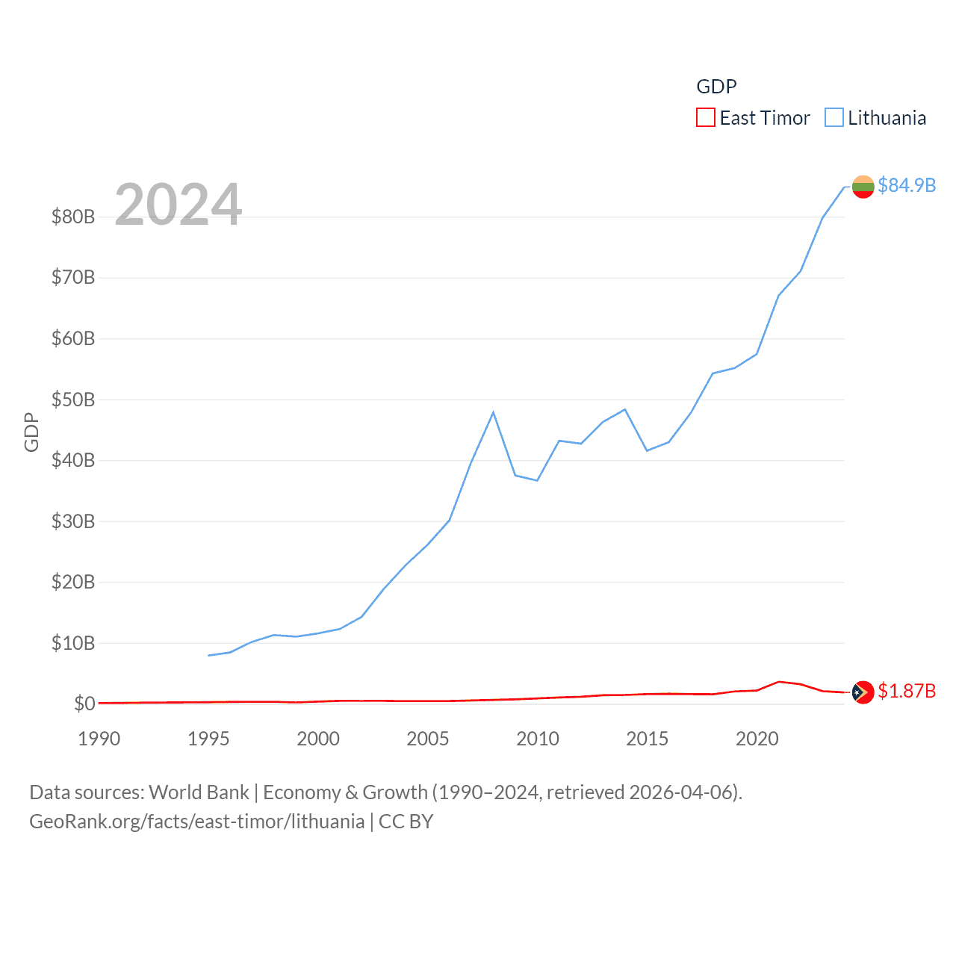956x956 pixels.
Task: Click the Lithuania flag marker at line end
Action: point(863,187)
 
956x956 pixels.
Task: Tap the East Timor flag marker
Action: point(863,692)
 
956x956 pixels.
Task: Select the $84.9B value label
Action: point(907,185)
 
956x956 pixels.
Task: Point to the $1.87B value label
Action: point(907,691)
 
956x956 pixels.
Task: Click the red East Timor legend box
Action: point(706,118)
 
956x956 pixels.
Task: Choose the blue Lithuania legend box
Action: point(834,118)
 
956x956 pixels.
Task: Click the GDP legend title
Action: point(716,87)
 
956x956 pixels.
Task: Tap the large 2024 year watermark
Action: point(179,205)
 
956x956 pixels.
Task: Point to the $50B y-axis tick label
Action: point(73,400)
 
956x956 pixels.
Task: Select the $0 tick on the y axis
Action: point(84,704)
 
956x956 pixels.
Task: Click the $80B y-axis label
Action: point(73,217)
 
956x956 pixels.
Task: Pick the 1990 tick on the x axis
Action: point(99,739)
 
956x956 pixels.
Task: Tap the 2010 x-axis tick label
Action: point(538,739)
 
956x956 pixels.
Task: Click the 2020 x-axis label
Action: point(757,739)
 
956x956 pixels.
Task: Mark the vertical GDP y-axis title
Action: point(31,432)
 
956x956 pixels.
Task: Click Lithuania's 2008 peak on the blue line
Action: point(493,412)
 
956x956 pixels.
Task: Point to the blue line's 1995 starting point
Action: point(209,655)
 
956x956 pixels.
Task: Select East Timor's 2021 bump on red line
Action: point(779,681)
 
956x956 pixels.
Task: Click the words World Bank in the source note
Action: point(199,792)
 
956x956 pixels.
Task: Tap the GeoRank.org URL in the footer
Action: point(197,822)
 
